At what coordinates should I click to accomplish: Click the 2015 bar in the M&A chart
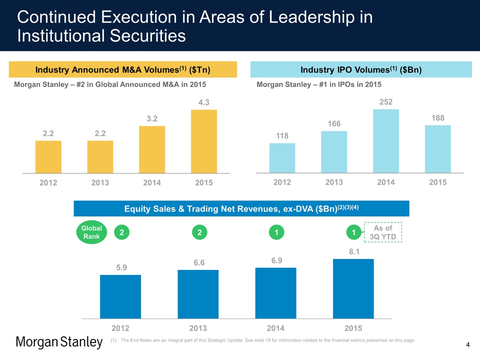click(x=204, y=141)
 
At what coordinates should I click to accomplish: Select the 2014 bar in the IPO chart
click(x=386, y=140)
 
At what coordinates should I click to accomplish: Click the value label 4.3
click(x=203, y=102)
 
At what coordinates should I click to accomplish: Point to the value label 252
click(x=385, y=102)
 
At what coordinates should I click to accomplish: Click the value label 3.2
click(x=152, y=119)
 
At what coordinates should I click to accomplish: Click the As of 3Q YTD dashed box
click(x=383, y=232)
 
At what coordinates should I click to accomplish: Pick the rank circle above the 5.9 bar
click(x=120, y=232)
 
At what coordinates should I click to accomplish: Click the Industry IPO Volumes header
click(x=361, y=69)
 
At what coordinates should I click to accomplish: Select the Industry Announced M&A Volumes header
click(x=123, y=69)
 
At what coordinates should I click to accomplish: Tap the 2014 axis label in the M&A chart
click(x=152, y=183)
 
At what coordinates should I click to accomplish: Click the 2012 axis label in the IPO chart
click(x=282, y=182)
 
